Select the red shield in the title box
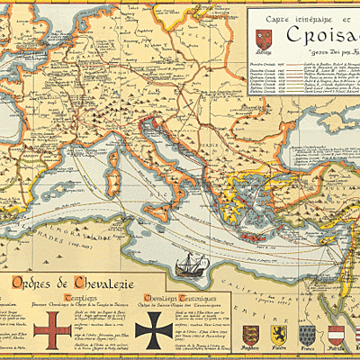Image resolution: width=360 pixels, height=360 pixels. (x=263, y=40)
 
